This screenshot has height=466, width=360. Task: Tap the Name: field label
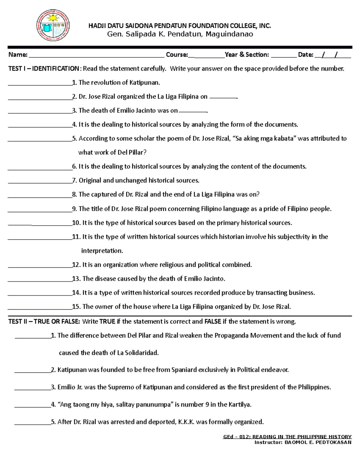[x=18, y=55]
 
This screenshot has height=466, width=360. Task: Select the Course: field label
[x=177, y=55]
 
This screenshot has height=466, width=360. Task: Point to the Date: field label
[x=305, y=55]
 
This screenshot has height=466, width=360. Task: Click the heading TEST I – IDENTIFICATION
[x=43, y=69]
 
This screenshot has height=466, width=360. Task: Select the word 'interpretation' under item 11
[x=102, y=251]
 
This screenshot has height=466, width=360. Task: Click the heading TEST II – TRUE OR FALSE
[x=44, y=322]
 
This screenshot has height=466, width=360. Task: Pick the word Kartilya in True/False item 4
[x=239, y=404]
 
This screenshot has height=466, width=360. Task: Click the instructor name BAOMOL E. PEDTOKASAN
[x=318, y=442]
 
